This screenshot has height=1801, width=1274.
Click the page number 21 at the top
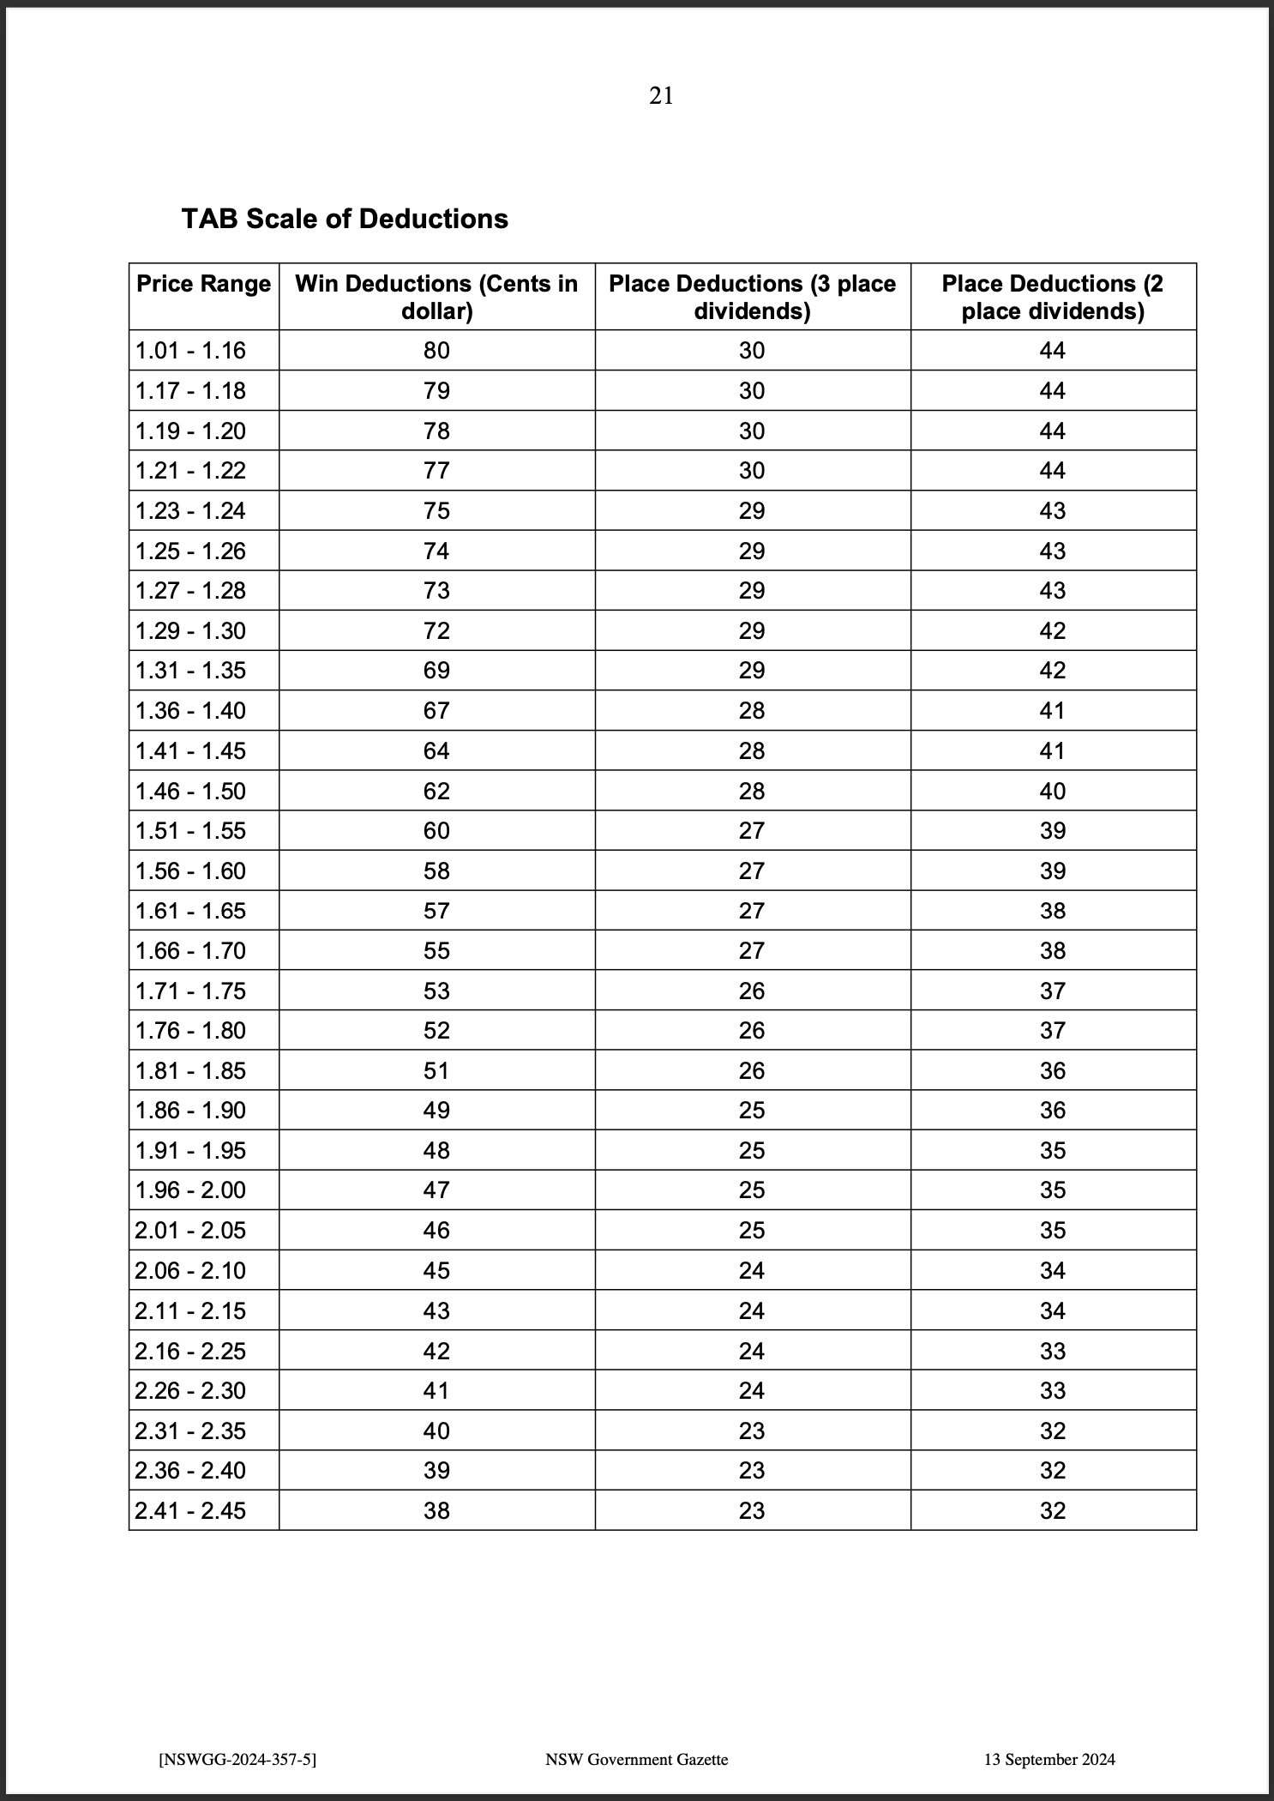(661, 96)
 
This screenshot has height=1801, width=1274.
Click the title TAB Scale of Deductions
(345, 219)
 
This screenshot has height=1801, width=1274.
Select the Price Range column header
(203, 284)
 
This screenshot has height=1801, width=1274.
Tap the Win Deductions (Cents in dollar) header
(436, 297)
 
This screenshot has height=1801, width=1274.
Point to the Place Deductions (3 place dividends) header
(752, 297)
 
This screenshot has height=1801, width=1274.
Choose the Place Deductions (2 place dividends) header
(1052, 297)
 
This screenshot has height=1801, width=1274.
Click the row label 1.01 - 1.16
(190, 351)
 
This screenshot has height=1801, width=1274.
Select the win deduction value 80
(436, 351)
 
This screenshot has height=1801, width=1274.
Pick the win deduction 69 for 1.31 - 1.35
(436, 671)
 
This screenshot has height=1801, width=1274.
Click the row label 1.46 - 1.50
(190, 791)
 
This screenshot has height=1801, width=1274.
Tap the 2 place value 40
(1052, 791)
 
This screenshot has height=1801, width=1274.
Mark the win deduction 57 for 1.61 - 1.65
(436, 911)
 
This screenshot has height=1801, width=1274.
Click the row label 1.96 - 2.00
(190, 1190)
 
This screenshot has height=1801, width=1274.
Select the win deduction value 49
(436, 1111)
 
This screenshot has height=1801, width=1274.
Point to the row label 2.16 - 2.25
(190, 1351)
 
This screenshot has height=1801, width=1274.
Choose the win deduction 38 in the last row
(436, 1510)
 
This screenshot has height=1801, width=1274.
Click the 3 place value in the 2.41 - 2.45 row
(752, 1510)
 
